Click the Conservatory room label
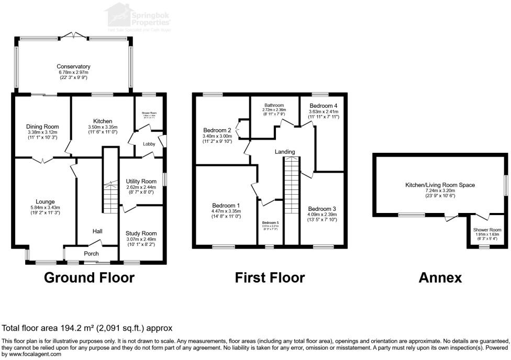pos(74,66)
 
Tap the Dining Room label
pos(43,127)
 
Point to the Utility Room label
pos(141,181)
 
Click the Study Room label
pos(141,233)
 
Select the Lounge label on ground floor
pos(45,201)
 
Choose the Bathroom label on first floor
pos(274,105)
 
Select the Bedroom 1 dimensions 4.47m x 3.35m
pos(226,211)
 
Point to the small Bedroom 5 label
pos(271,222)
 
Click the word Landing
pos(285,152)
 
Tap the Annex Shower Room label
pos(487,230)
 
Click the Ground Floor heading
pos(89,277)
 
